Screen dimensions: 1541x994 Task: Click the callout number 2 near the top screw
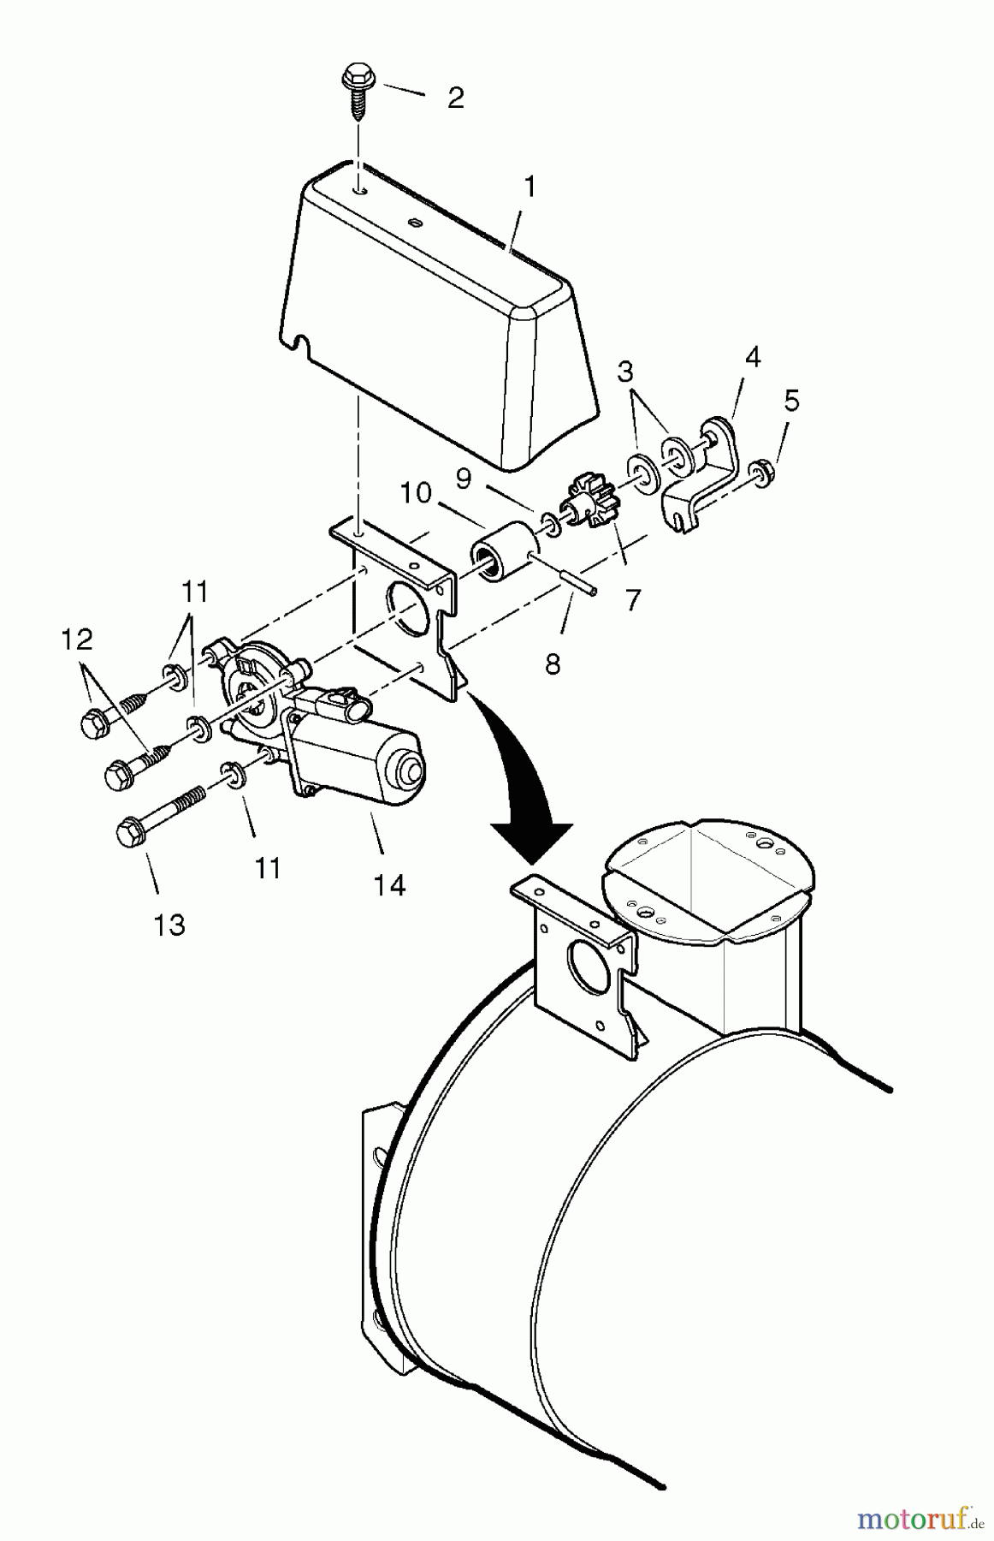point(455,98)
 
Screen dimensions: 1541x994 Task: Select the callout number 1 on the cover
point(530,187)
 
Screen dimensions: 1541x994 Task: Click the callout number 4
point(752,357)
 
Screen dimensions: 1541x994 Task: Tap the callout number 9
point(463,480)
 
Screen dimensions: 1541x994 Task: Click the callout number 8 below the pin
point(553,663)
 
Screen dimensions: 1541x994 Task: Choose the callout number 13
point(169,925)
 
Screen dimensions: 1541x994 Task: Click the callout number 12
point(76,639)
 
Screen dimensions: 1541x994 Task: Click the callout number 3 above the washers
point(626,372)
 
